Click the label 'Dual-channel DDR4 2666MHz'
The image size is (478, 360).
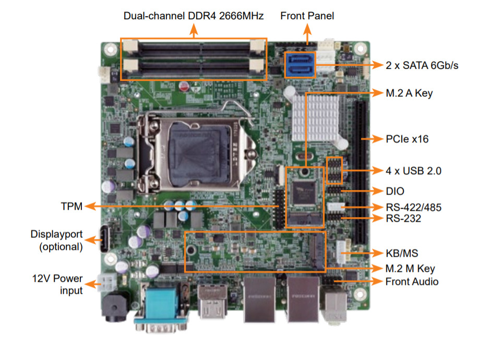[194, 16]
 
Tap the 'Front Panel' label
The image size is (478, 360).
[307, 16]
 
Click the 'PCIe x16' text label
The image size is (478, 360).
[407, 139]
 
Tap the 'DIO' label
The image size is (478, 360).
[396, 191]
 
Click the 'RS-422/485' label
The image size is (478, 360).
[414, 208]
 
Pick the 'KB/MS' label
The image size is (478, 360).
[402, 253]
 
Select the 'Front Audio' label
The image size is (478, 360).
[412, 282]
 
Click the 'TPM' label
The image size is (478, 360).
[71, 207]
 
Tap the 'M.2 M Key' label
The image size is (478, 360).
[410, 269]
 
